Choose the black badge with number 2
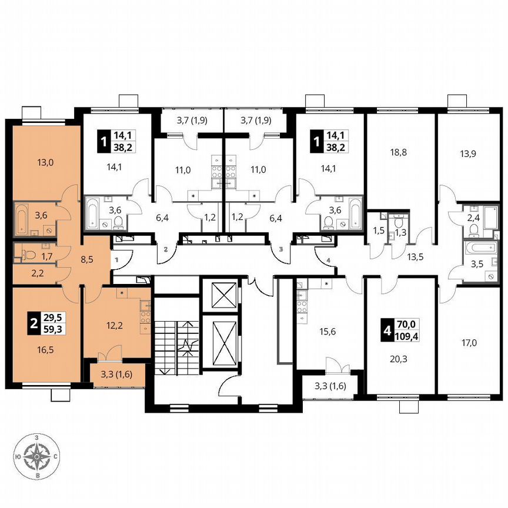[x=33, y=322]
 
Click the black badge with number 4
[x=387, y=330]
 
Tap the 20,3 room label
[x=399, y=355]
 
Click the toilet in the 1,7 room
[x=24, y=254]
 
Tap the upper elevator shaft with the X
[x=221, y=294]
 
